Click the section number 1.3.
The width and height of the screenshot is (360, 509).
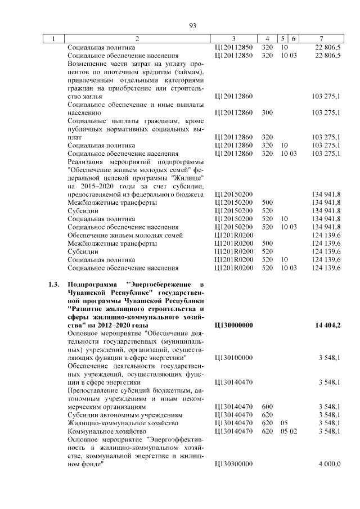(54, 285)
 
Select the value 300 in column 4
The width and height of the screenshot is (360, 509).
(267, 112)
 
